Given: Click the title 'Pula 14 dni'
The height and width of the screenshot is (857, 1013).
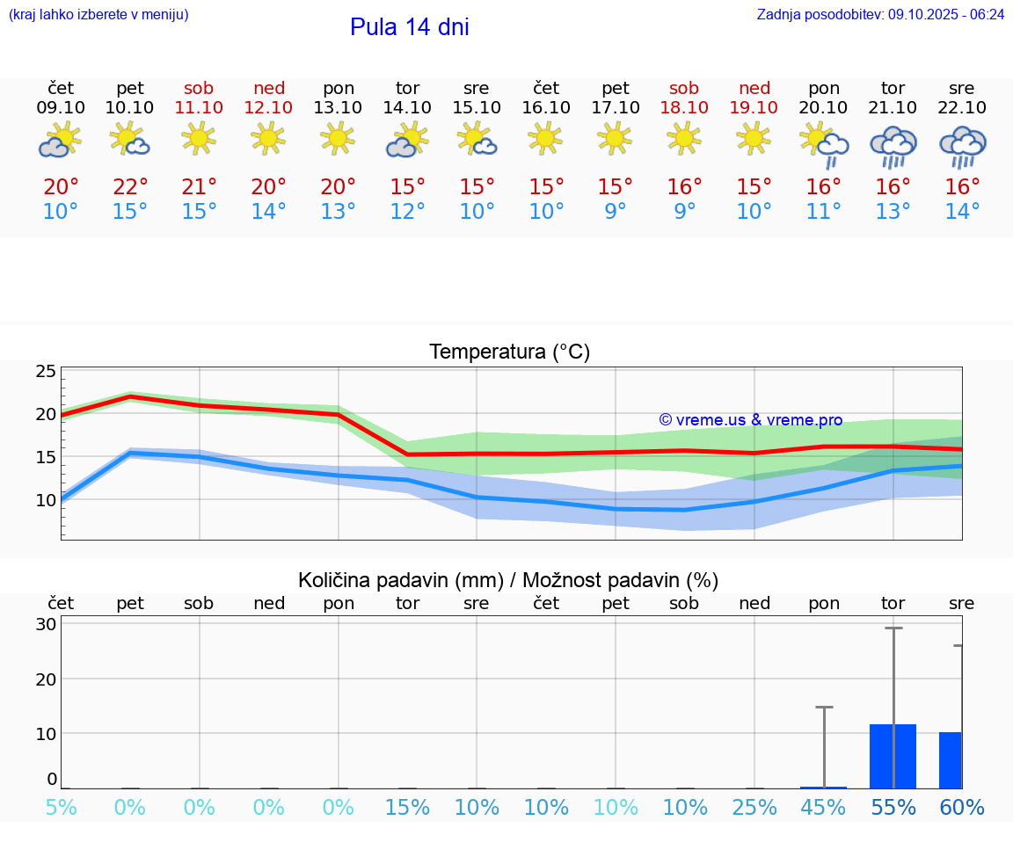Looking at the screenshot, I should (x=409, y=27).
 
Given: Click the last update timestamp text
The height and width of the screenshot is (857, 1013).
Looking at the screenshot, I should (x=880, y=15).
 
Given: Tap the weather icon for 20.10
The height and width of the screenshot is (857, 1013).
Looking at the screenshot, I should (x=824, y=145).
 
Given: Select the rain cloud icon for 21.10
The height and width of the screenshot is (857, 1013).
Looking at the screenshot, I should (x=893, y=147).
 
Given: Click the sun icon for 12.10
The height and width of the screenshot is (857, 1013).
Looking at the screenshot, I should (x=268, y=138).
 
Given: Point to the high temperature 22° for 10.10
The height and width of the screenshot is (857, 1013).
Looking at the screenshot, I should (x=130, y=187).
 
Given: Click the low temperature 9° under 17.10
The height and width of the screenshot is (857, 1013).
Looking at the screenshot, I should (x=616, y=211).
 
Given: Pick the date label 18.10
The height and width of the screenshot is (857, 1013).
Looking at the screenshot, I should (x=684, y=108).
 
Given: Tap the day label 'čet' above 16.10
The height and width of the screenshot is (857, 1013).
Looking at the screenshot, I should (x=546, y=88).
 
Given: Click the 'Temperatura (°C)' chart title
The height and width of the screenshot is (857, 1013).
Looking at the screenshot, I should (x=509, y=352).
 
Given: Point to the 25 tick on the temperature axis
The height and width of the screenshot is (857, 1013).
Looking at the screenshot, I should (x=46, y=372).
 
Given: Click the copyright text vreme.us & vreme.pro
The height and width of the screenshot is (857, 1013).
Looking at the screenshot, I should (x=751, y=420).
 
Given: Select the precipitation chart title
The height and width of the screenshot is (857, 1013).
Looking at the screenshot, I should (x=508, y=580).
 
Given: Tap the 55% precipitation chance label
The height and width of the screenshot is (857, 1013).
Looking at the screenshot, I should (x=893, y=808).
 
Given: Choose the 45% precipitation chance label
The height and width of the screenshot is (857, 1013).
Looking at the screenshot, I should (x=824, y=808).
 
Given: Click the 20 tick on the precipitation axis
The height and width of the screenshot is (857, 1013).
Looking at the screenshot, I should (x=46, y=679).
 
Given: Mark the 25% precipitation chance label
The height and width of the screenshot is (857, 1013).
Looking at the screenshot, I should (x=754, y=808).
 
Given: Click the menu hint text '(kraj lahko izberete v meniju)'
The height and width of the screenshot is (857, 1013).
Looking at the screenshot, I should (x=98, y=15).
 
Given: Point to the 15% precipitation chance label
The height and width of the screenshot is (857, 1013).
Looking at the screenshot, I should (x=407, y=808).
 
